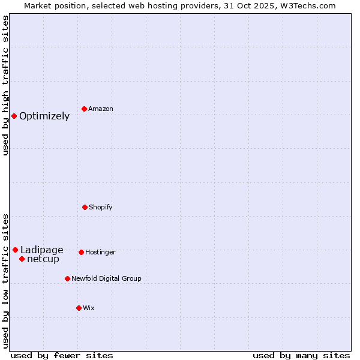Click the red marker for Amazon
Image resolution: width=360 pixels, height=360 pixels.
[85, 109]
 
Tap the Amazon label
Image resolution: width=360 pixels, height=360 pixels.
[101, 109]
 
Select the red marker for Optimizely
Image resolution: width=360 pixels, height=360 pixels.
[14, 116]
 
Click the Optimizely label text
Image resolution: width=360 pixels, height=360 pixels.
[44, 116]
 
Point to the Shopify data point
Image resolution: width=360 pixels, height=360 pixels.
[85, 207]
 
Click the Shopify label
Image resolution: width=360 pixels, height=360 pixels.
[101, 207]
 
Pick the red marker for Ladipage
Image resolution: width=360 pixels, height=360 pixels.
[15, 250]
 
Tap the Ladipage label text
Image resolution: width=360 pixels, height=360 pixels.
[41, 250]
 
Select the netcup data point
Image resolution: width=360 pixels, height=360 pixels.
[22, 259]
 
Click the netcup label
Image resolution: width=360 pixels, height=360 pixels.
[43, 259]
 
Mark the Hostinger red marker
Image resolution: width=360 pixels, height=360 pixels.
[81, 252]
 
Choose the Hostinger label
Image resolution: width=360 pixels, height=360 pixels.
[100, 252]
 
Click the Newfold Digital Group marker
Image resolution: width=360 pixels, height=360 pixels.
[67, 278]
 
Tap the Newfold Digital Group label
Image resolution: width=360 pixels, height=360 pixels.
[106, 278]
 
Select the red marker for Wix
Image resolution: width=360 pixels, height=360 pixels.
[79, 308]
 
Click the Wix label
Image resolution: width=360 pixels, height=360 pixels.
[89, 308]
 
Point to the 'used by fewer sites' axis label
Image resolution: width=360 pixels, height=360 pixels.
[62, 355]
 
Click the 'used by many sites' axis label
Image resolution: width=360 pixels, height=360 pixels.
[301, 355]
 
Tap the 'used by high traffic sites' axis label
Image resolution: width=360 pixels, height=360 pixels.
[6, 85]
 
